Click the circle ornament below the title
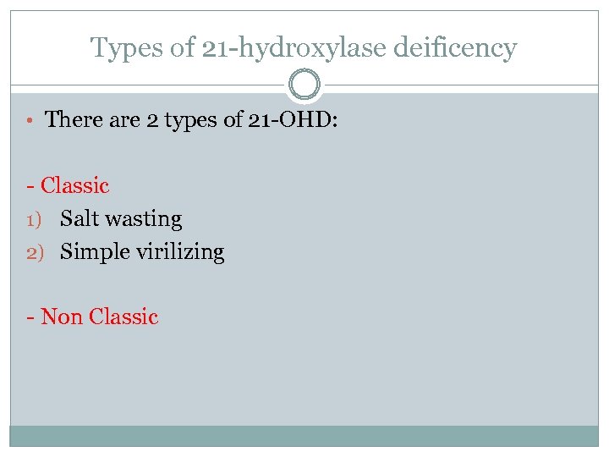point(304,85)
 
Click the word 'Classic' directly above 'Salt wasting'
point(75,185)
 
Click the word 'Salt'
point(80,218)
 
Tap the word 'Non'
point(61,317)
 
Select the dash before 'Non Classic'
point(30,318)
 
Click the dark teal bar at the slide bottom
point(304,435)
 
